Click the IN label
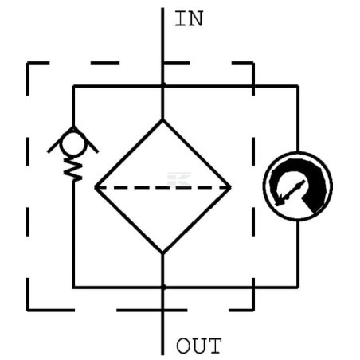[189, 18]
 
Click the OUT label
[199, 346]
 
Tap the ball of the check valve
[73, 144]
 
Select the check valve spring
[73, 169]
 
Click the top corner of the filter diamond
[162, 120]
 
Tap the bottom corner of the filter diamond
[162, 252]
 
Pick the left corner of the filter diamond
[96, 187]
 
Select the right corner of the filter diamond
[230, 187]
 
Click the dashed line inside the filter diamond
[162, 187]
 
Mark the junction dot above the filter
[162, 85]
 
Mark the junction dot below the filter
[162, 287]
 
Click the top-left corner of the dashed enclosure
[28, 63]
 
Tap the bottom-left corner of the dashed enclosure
[28, 310]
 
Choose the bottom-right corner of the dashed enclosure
[253, 310]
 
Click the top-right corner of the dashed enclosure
[253, 63]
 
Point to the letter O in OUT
[183, 346]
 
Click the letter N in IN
[196, 19]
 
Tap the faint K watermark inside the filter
[178, 179]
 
